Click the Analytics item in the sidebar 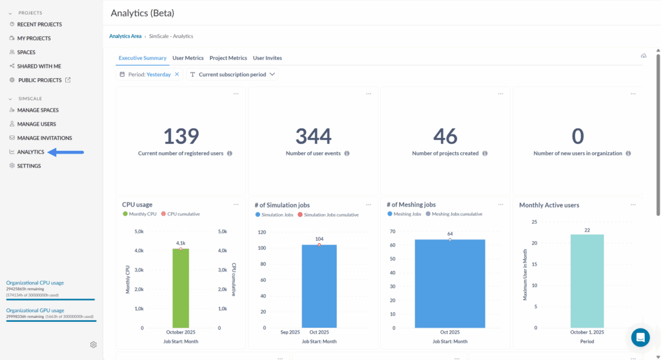[30, 152]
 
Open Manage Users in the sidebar [36, 124]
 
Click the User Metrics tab [188, 58]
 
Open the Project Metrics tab [228, 58]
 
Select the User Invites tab [267, 58]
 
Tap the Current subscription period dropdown [233, 75]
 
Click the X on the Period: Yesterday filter [177, 75]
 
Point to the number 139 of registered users [181, 136]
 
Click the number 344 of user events [313, 136]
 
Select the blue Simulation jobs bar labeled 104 [319, 286]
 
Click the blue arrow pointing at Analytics [66, 152]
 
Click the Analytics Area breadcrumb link [125, 36]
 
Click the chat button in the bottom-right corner [640, 337]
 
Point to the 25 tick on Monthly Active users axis [533, 222]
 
